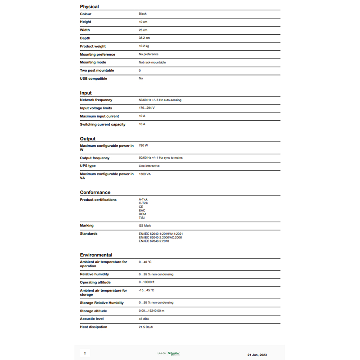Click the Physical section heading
pyautogui.click(x=89, y=7)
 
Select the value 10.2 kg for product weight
pyautogui.click(x=144, y=46)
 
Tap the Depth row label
pyautogui.click(x=85, y=38)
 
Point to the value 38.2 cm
pyautogui.click(x=144, y=38)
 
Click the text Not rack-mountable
pyautogui.click(x=152, y=63)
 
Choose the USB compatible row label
pyautogui.click(x=94, y=79)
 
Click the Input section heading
pyautogui.click(x=85, y=93)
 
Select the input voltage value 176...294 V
pyautogui.click(x=147, y=108)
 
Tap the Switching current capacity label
pyautogui.click(x=103, y=124)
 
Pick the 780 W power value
pyautogui.click(x=144, y=146)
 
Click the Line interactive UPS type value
pyautogui.click(x=149, y=166)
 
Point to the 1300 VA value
pyautogui.click(x=145, y=174)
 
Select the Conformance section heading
pyautogui.click(x=95, y=193)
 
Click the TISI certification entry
pyautogui.click(x=142, y=218)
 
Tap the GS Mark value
pyautogui.click(x=145, y=225)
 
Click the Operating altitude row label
pyautogui.click(x=94, y=282)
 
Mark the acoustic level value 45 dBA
pyautogui.click(x=144, y=319)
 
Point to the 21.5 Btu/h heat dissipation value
pyautogui.click(x=146, y=327)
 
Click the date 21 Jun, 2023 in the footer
pyautogui.click(x=257, y=355)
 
